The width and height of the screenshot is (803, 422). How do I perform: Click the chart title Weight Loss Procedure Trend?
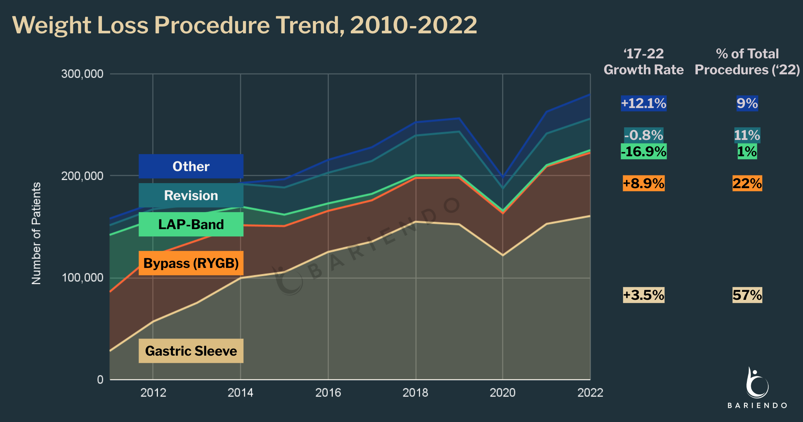pyautogui.click(x=244, y=25)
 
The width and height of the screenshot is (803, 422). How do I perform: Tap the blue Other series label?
pyautogui.click(x=191, y=166)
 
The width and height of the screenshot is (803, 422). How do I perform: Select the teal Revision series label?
pyautogui.click(x=191, y=195)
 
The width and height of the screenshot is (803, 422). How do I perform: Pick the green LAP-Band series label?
pyautogui.click(x=191, y=224)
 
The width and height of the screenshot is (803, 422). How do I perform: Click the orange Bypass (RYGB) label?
pyautogui.click(x=191, y=263)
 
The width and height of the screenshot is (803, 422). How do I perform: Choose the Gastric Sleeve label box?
pyautogui.click(x=191, y=351)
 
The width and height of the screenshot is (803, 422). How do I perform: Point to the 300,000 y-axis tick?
pyautogui.click(x=82, y=74)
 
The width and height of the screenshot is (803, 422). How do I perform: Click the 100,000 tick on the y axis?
pyautogui.click(x=82, y=278)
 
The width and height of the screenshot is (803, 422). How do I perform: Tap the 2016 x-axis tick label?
pyautogui.click(x=328, y=393)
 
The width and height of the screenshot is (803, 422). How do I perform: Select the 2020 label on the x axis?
pyautogui.click(x=502, y=393)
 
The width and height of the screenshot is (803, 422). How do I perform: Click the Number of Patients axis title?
pyautogui.click(x=36, y=233)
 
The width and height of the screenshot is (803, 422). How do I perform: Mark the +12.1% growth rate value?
pyautogui.click(x=643, y=103)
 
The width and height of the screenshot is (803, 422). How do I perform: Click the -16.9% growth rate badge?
pyautogui.click(x=643, y=152)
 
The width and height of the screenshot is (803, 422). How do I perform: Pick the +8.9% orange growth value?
pyautogui.click(x=643, y=183)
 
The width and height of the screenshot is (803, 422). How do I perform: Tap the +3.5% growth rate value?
pyautogui.click(x=643, y=295)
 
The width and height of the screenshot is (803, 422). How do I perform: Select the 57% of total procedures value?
pyautogui.click(x=747, y=295)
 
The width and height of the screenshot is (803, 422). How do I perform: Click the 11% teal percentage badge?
pyautogui.click(x=747, y=135)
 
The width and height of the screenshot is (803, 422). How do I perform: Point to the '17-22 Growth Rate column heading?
pyautogui.click(x=643, y=62)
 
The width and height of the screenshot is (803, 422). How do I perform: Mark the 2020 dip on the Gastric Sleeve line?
pyautogui.click(x=503, y=255)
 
